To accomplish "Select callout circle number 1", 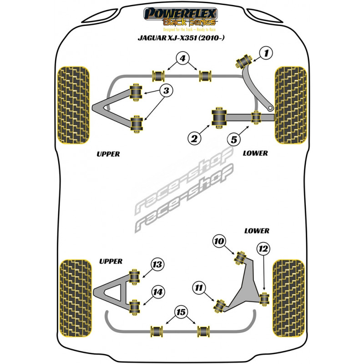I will (x=266, y=54).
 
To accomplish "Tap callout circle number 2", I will (x=194, y=137).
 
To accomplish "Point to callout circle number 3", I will (x=166, y=91).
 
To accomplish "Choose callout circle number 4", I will (x=182, y=58).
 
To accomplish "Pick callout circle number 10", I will (x=219, y=241).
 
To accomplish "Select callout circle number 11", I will (x=199, y=287).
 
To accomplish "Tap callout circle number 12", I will (x=263, y=248).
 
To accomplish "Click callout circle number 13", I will (x=157, y=264).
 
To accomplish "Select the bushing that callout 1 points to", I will (x=245, y=59).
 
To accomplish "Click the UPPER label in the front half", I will (x=108, y=154).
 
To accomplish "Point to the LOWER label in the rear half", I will (x=256, y=231).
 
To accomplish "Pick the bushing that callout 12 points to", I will (x=264, y=299).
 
